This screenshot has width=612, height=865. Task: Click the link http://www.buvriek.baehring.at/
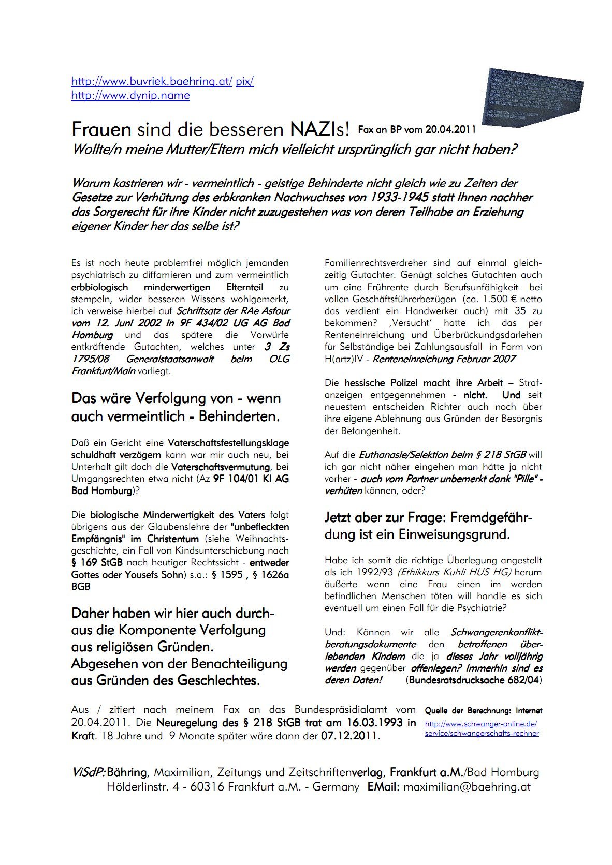coord(152,81)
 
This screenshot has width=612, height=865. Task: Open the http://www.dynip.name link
coord(130,95)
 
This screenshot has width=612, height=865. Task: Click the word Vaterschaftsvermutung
coord(220,467)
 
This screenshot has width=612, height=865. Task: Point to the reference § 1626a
coord(271,575)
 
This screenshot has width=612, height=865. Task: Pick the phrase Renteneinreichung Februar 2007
coord(444,359)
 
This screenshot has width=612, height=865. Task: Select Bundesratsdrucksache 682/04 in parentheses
coord(474,680)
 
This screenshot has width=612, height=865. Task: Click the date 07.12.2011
coord(350,736)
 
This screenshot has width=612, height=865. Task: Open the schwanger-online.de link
coord(481,725)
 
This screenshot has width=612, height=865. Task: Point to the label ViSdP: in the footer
coord(88,773)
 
